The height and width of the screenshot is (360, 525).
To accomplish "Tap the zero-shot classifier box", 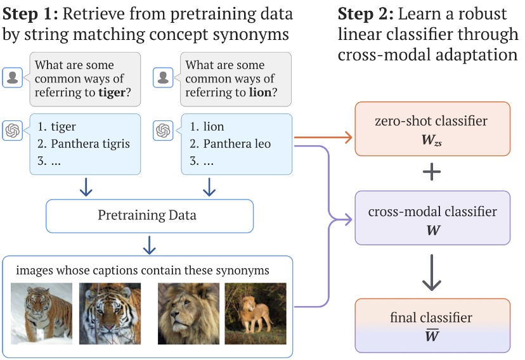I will pyautogui.click(x=431, y=129).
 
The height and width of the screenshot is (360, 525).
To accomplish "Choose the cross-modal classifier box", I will pyautogui.click(x=431, y=218).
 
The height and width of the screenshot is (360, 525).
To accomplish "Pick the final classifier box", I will pyautogui.click(x=431, y=325).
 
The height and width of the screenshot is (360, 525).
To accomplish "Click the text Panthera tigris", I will pyautogui.click(x=91, y=144).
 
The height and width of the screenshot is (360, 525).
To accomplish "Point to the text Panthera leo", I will pyautogui.click(x=237, y=144).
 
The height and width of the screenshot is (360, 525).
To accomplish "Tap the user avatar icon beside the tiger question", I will pyautogui.click(x=12, y=77).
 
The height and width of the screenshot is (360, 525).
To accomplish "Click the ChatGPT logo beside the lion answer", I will pyautogui.click(x=164, y=131).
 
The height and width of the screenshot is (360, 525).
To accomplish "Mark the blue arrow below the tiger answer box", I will pyautogui.click(x=85, y=187).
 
